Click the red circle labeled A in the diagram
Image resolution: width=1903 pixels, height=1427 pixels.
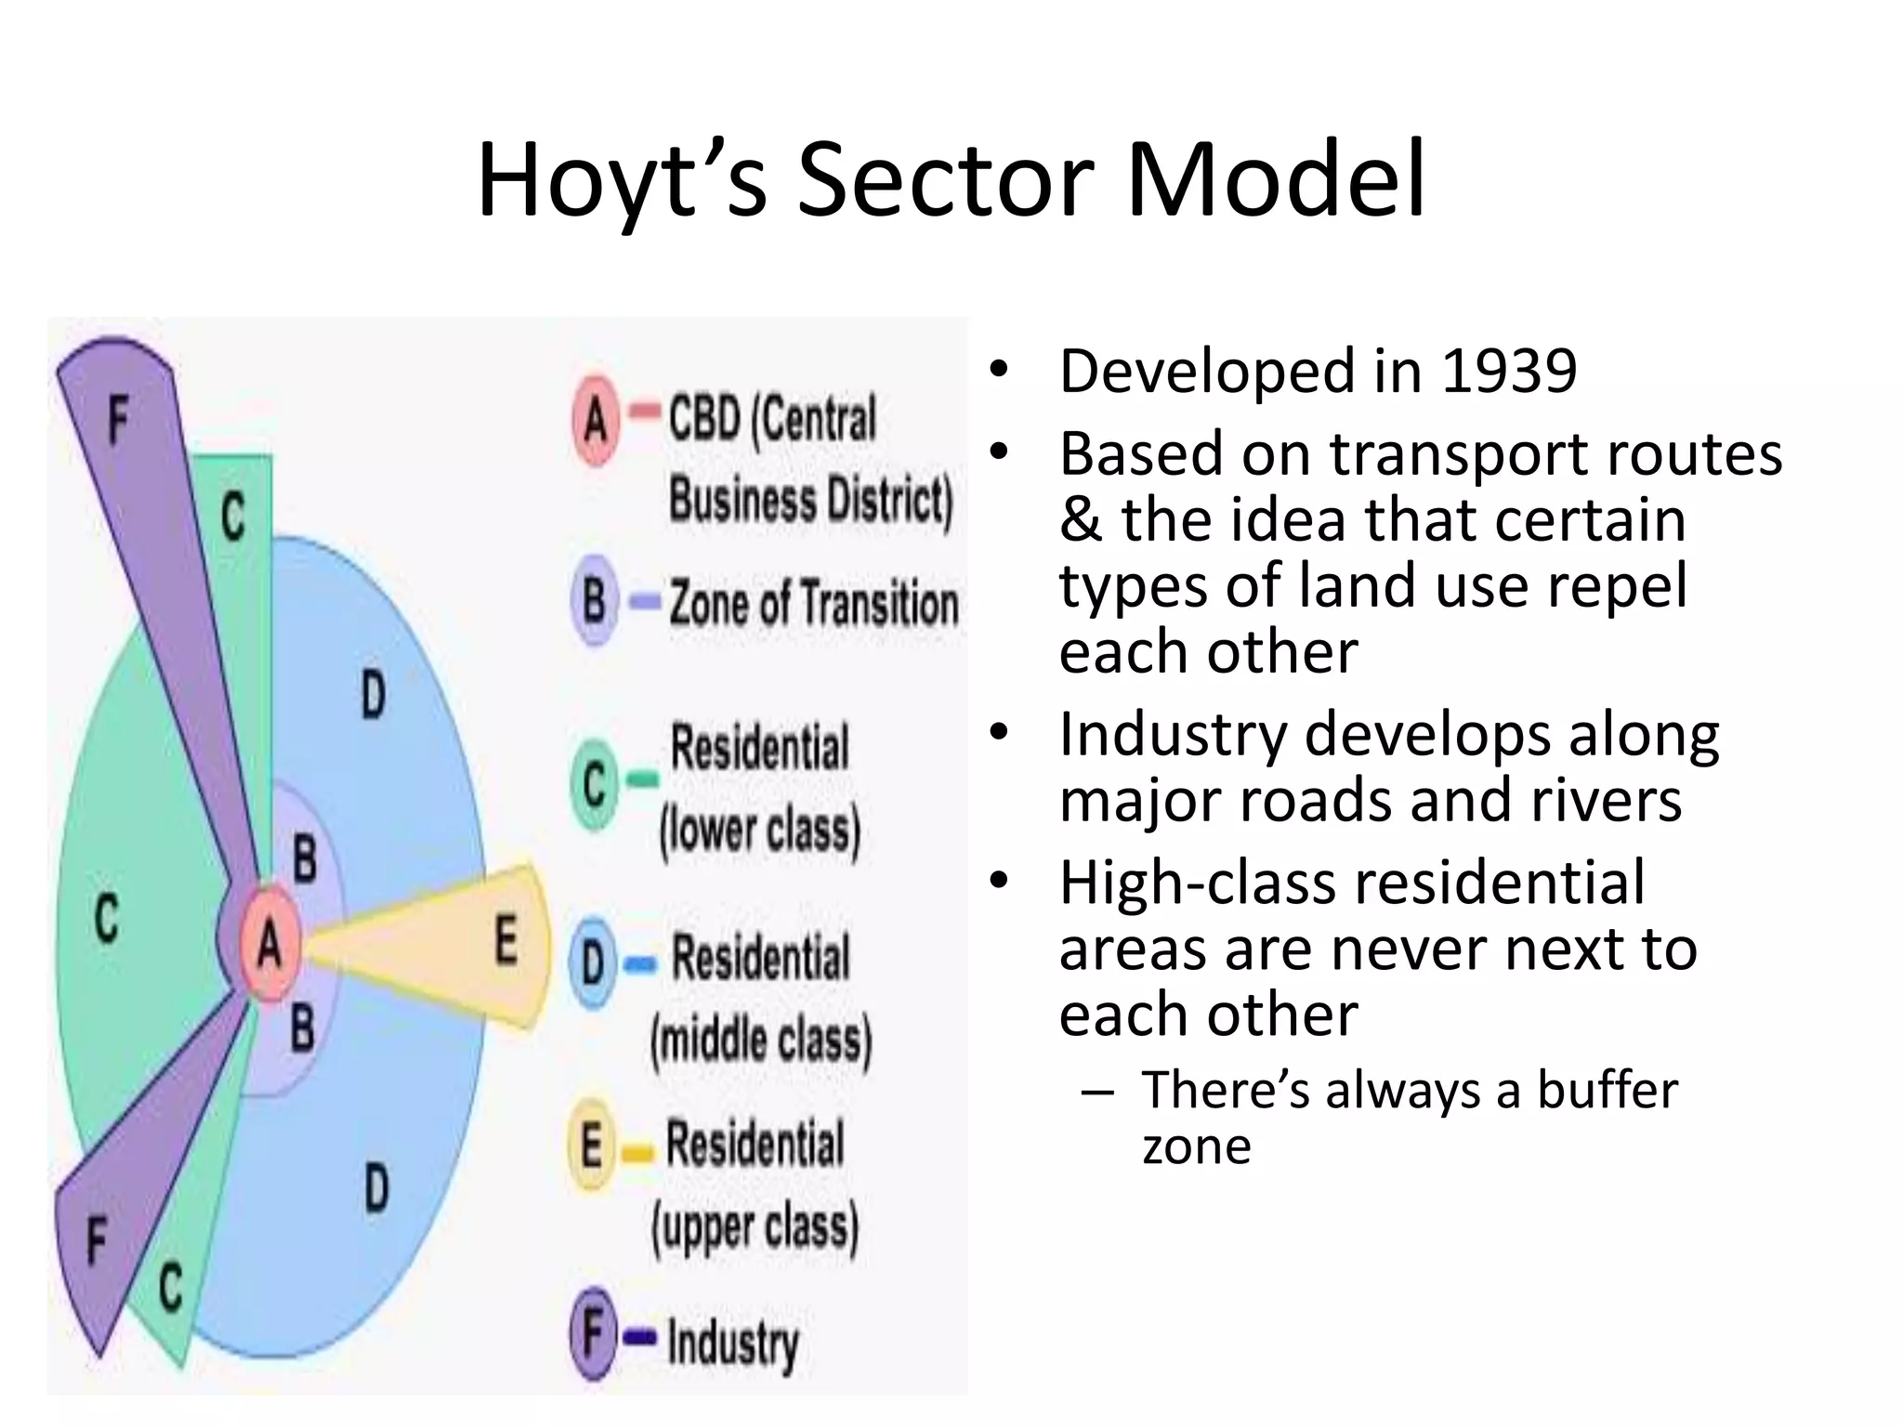coord(269,945)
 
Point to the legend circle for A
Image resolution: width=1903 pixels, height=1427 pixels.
coord(596,420)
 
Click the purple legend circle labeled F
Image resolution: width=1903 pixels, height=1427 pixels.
coord(593,1333)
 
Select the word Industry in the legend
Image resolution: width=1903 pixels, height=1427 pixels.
coord(732,1342)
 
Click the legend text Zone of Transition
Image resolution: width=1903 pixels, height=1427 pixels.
coord(813,603)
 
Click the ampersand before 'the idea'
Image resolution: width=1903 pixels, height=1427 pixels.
coord(1081,520)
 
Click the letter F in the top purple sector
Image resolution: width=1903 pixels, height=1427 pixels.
coord(117,419)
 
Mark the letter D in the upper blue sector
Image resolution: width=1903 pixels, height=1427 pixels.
coord(372,695)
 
